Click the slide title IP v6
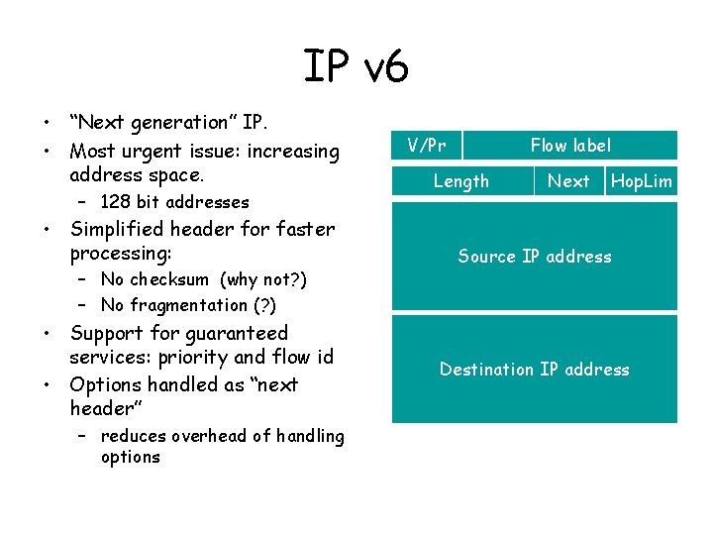356,67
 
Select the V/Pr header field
427,146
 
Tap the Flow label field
570,146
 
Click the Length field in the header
461,181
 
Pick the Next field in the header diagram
568,181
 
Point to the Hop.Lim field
642,181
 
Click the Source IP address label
535,257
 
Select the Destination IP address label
535,370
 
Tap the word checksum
170,279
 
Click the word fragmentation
188,305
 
